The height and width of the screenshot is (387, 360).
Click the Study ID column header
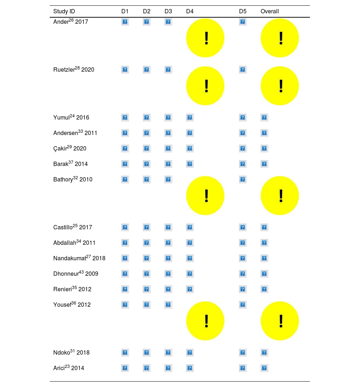(x=64, y=12)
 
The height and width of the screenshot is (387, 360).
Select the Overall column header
(x=270, y=12)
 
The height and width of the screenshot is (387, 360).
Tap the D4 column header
(x=190, y=12)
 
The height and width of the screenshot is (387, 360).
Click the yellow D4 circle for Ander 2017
(x=205, y=38)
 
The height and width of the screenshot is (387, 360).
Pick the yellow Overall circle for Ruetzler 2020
(x=280, y=86)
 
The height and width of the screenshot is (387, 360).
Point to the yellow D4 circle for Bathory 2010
(x=205, y=196)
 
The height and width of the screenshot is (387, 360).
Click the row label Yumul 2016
(x=71, y=117)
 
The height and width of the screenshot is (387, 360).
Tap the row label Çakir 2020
(x=70, y=148)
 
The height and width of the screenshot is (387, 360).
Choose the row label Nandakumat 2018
(x=79, y=258)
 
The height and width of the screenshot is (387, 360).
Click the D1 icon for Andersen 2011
(x=125, y=133)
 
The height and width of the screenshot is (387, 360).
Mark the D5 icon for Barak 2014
(x=243, y=164)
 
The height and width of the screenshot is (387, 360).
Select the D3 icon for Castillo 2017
(x=168, y=227)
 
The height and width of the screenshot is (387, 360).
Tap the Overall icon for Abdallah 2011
(x=264, y=243)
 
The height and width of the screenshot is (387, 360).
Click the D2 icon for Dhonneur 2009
(x=147, y=274)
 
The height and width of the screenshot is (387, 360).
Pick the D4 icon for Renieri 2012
(x=190, y=289)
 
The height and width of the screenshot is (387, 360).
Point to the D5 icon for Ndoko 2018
(x=243, y=352)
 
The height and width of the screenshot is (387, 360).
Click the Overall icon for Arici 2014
(x=264, y=368)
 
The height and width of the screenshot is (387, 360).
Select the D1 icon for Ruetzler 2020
(x=125, y=69)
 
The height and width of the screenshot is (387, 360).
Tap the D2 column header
(x=147, y=12)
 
